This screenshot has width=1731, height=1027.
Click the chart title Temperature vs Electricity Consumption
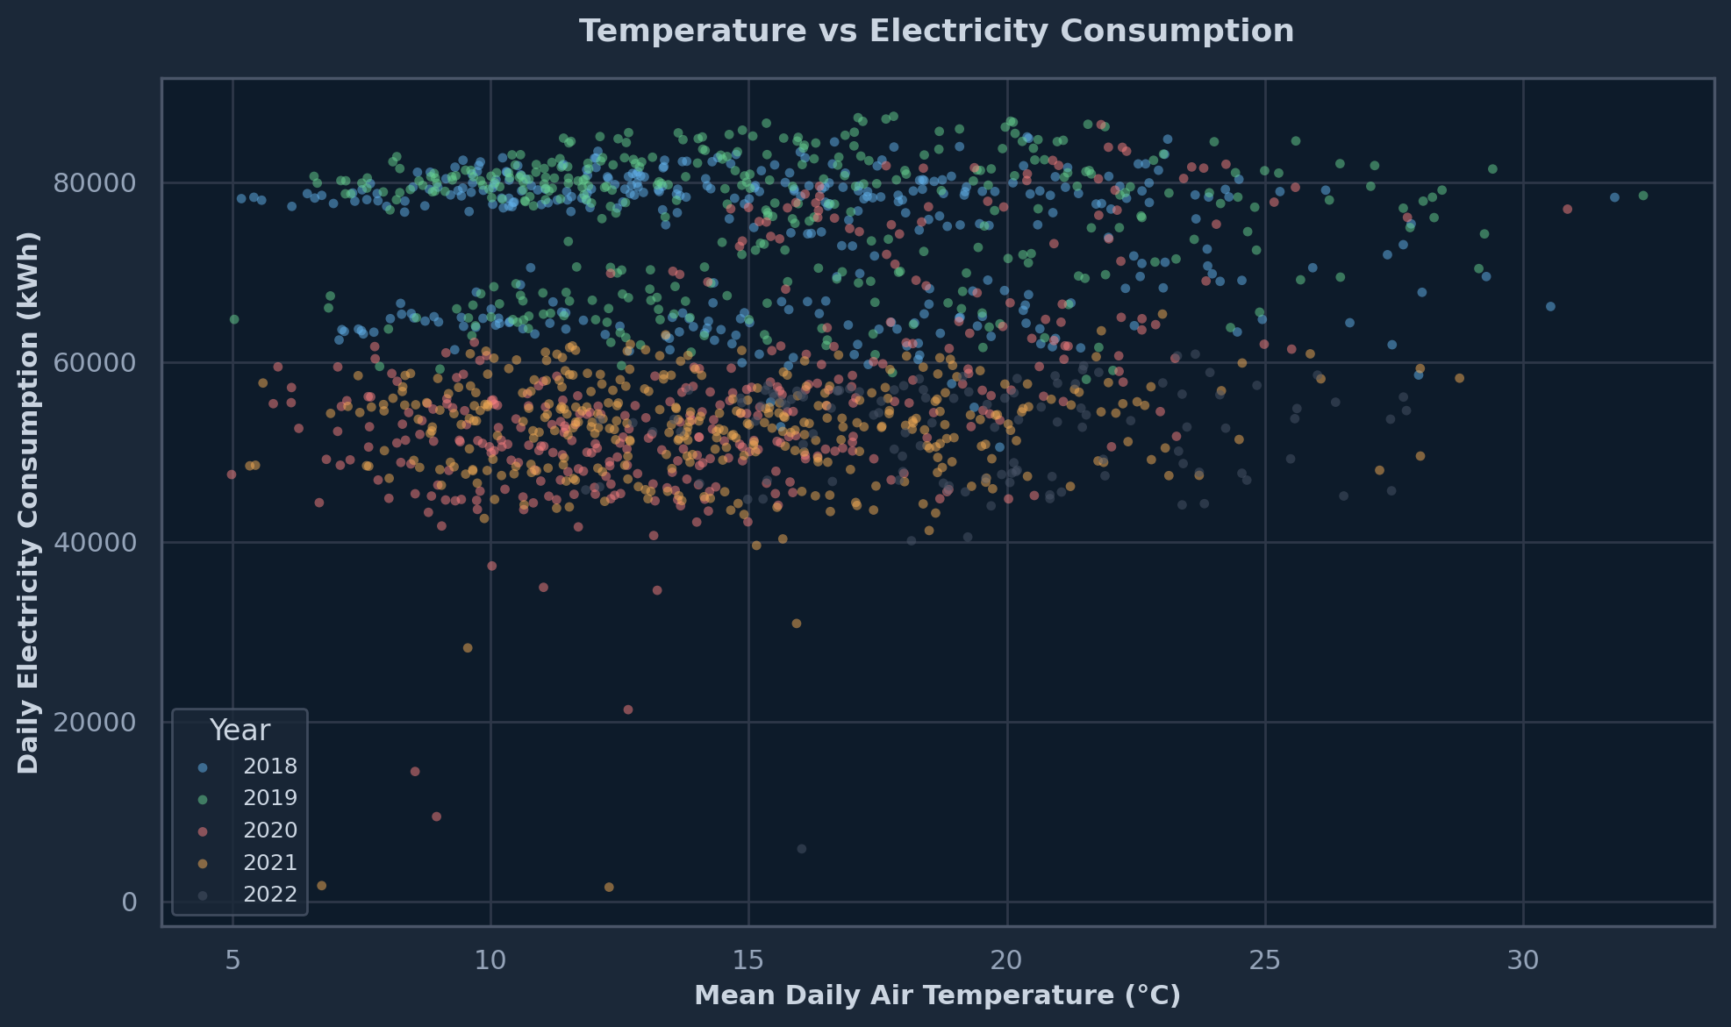(936, 32)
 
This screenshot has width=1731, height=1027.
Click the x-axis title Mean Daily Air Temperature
(937, 995)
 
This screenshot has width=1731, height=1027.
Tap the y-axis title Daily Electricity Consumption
(29, 503)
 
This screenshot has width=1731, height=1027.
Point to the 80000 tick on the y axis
(95, 183)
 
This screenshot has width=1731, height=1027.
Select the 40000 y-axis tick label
(95, 543)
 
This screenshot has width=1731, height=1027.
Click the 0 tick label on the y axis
(129, 902)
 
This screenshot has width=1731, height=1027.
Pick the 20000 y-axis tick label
(95, 723)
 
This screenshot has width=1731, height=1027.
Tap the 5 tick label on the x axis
(232, 960)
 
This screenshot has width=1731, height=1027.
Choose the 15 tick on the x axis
(748, 960)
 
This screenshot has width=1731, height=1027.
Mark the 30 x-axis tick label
(1523, 960)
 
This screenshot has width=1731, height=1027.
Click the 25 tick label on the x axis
(1265, 960)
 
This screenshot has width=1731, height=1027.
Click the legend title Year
(240, 731)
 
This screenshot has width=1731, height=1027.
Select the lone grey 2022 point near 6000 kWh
(801, 849)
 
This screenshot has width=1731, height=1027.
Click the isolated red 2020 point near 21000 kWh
(627, 710)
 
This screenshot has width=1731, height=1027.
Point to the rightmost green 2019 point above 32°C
(1642, 196)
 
